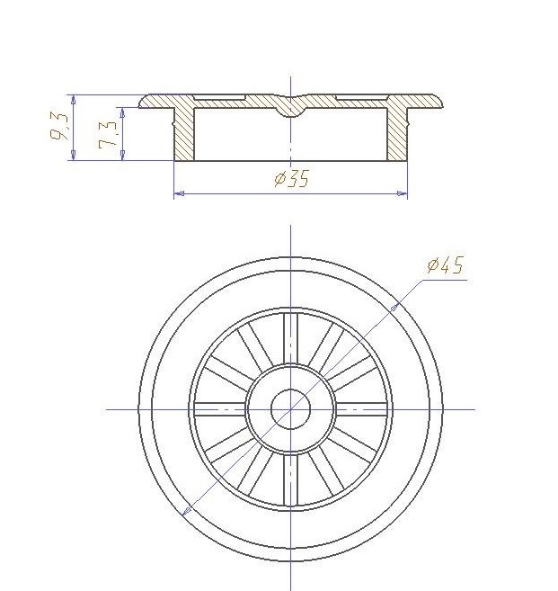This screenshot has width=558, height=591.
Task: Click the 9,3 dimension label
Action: [x=60, y=127]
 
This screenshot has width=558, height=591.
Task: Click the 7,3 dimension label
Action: [x=108, y=134]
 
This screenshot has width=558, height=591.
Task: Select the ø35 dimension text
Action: [x=292, y=178]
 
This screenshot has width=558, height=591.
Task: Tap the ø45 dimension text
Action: [x=445, y=265]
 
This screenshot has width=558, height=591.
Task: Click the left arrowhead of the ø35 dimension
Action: [x=180, y=193]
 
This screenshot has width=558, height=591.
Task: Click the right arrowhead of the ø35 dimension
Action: [x=402, y=193]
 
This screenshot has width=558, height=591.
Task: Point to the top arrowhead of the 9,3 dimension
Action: [x=73, y=100]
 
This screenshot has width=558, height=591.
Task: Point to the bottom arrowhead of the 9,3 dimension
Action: [x=73, y=155]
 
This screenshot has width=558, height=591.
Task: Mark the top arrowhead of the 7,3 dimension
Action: [x=122, y=112]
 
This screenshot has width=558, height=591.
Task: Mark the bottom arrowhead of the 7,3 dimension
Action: [x=122, y=155]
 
